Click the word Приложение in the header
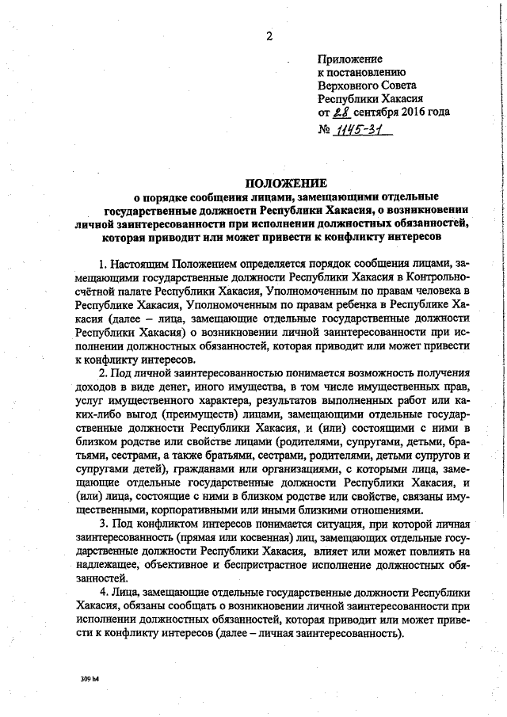tap(349, 59)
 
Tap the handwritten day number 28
tap(341, 112)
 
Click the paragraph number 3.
tap(103, 525)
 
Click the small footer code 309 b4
tap(89, 680)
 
